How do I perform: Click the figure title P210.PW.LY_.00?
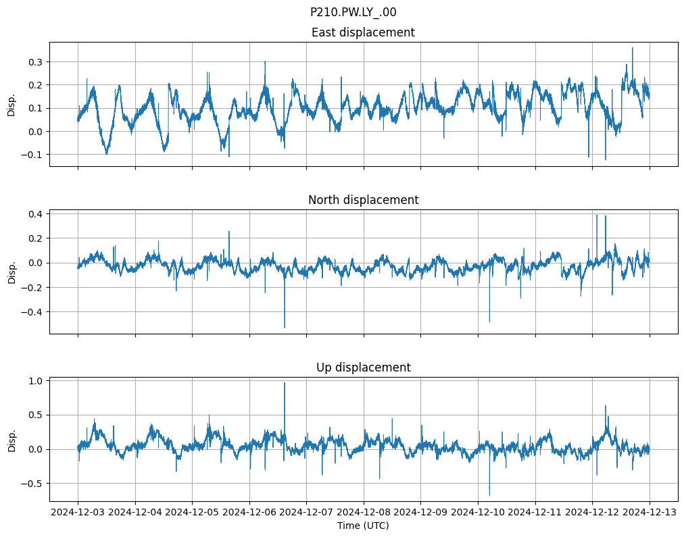[353, 12]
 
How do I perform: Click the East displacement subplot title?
[363, 32]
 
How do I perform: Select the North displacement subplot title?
[363, 200]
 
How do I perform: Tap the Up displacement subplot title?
[363, 367]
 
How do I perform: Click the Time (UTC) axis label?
[363, 526]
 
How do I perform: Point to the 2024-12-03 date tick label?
[78, 513]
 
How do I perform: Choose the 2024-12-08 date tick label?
[364, 513]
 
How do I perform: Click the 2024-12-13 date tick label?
[650, 513]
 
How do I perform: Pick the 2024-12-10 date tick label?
[478, 513]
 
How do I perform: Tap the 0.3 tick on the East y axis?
[34, 61]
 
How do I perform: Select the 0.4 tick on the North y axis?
[34, 213]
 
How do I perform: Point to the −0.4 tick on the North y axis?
[31, 312]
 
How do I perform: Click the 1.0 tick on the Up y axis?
[34, 381]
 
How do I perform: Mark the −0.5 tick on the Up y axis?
[31, 484]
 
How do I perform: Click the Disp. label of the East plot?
[11, 104]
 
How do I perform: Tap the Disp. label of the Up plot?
[11, 439]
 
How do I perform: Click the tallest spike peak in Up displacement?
[285, 383]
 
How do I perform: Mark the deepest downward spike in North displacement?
[285, 328]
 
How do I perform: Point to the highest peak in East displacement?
[633, 48]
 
